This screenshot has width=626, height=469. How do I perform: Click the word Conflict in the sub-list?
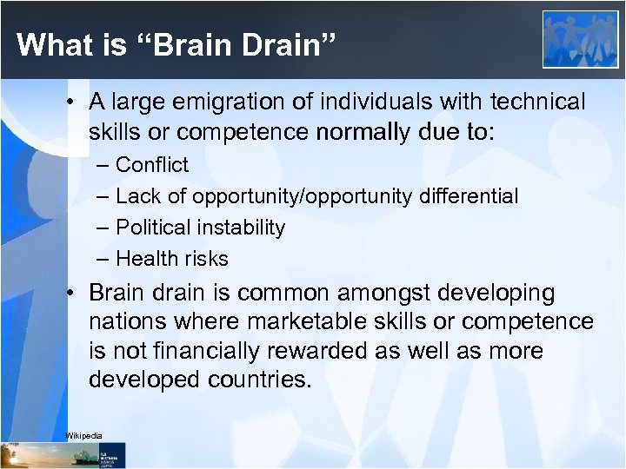coord(152,165)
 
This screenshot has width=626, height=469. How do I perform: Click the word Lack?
coord(136,196)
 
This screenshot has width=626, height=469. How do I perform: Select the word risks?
coord(204,259)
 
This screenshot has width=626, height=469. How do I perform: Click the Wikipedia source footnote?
coord(84,435)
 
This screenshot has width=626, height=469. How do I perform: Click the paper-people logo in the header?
coord(580,40)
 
